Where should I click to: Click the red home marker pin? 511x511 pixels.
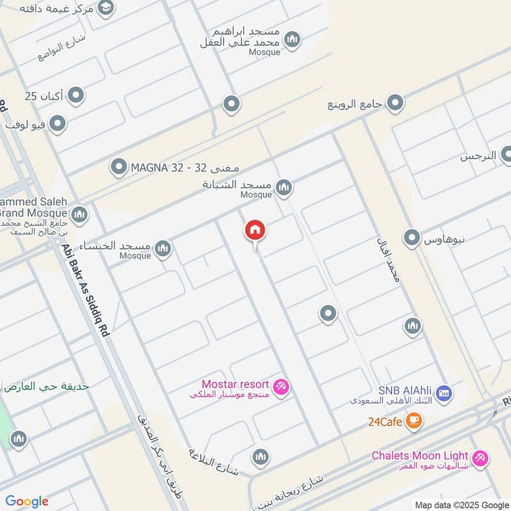pos(255,231)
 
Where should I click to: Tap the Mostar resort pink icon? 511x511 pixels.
pos(280,386)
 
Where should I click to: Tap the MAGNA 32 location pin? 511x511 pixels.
pos(119,168)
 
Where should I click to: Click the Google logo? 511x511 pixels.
pos(27,501)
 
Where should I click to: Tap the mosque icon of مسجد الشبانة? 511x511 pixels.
pos(284,187)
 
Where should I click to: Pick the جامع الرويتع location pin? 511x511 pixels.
pos(395,102)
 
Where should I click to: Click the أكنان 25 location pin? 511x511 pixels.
pos(76,96)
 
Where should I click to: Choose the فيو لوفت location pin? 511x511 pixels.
pos(58,124)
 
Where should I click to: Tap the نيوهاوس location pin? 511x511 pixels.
pos(412,238)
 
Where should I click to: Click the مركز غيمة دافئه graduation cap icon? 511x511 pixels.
pos(105,8)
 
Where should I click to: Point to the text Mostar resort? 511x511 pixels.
pos(235,384)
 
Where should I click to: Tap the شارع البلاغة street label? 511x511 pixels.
pos(213,463)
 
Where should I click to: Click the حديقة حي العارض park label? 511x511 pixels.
pos(46,386)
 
